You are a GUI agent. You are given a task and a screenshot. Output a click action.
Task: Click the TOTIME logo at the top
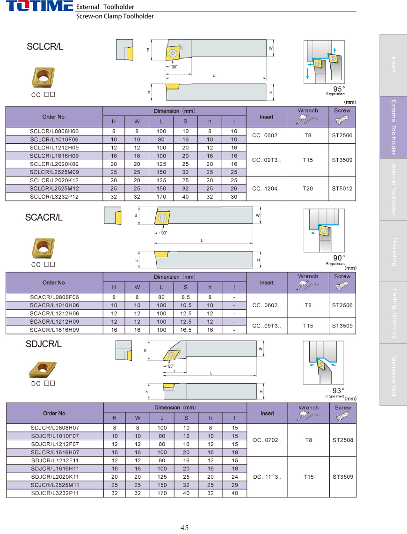(x=39, y=6)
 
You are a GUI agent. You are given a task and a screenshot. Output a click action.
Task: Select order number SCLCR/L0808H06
(x=54, y=132)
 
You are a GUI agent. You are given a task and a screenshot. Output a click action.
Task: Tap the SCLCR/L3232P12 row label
(x=54, y=197)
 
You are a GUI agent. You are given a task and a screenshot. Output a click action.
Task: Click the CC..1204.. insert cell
(x=267, y=189)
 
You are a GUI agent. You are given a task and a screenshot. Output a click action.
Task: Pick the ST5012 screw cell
(x=342, y=189)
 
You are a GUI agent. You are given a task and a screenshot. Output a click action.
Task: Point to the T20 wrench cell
(x=308, y=189)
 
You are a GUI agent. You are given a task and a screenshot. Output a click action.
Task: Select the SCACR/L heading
(x=44, y=217)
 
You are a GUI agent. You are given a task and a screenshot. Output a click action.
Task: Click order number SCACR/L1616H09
(x=54, y=330)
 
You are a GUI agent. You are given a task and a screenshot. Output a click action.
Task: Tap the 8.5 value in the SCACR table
(x=186, y=297)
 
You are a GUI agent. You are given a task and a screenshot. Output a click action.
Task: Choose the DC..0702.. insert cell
(x=267, y=440)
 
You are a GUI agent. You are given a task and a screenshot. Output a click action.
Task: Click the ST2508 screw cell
(x=343, y=440)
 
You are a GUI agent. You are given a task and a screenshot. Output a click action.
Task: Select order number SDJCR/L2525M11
(x=55, y=485)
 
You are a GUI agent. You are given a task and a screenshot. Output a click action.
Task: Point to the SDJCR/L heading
(x=44, y=344)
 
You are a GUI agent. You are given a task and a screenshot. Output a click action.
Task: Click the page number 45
(x=185, y=527)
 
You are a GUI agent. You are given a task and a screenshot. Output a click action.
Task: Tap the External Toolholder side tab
(x=393, y=127)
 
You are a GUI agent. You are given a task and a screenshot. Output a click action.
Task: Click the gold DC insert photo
(x=43, y=370)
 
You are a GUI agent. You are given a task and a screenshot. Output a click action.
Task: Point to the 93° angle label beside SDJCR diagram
(x=338, y=391)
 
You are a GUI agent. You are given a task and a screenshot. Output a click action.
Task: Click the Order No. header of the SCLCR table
(x=54, y=117)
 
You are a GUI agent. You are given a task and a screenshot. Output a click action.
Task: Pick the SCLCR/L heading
(x=45, y=46)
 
